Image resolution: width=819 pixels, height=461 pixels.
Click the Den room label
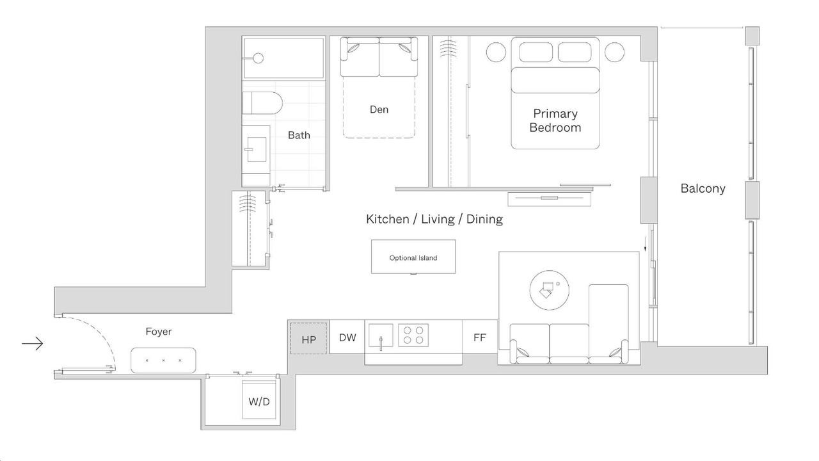(379, 109)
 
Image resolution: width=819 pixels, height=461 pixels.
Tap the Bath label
(299, 135)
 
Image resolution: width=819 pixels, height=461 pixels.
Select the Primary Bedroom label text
(555, 120)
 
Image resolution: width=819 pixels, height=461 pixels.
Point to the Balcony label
(703, 188)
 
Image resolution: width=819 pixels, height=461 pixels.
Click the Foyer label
(158, 332)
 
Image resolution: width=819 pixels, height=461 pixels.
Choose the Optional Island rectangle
(413, 257)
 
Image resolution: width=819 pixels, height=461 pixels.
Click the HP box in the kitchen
(308, 339)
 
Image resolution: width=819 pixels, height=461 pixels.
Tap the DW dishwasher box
(347, 337)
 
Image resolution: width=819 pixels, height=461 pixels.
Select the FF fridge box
(480, 337)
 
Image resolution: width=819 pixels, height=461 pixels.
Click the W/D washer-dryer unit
(259, 400)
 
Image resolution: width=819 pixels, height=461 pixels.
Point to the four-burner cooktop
(413, 335)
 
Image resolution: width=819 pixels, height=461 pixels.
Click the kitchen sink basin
(381, 335)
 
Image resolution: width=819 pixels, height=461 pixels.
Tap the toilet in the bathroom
(262, 103)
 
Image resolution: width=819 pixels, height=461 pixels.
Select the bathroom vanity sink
(257, 149)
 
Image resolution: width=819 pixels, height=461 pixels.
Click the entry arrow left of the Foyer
(33, 344)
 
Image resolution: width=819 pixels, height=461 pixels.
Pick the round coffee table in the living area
(549, 290)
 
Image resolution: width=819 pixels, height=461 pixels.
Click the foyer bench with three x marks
(163, 360)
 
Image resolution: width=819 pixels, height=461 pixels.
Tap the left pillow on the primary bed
(536, 53)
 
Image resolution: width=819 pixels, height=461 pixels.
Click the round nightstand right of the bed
(614, 52)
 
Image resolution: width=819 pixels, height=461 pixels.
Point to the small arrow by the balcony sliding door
(646, 244)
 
